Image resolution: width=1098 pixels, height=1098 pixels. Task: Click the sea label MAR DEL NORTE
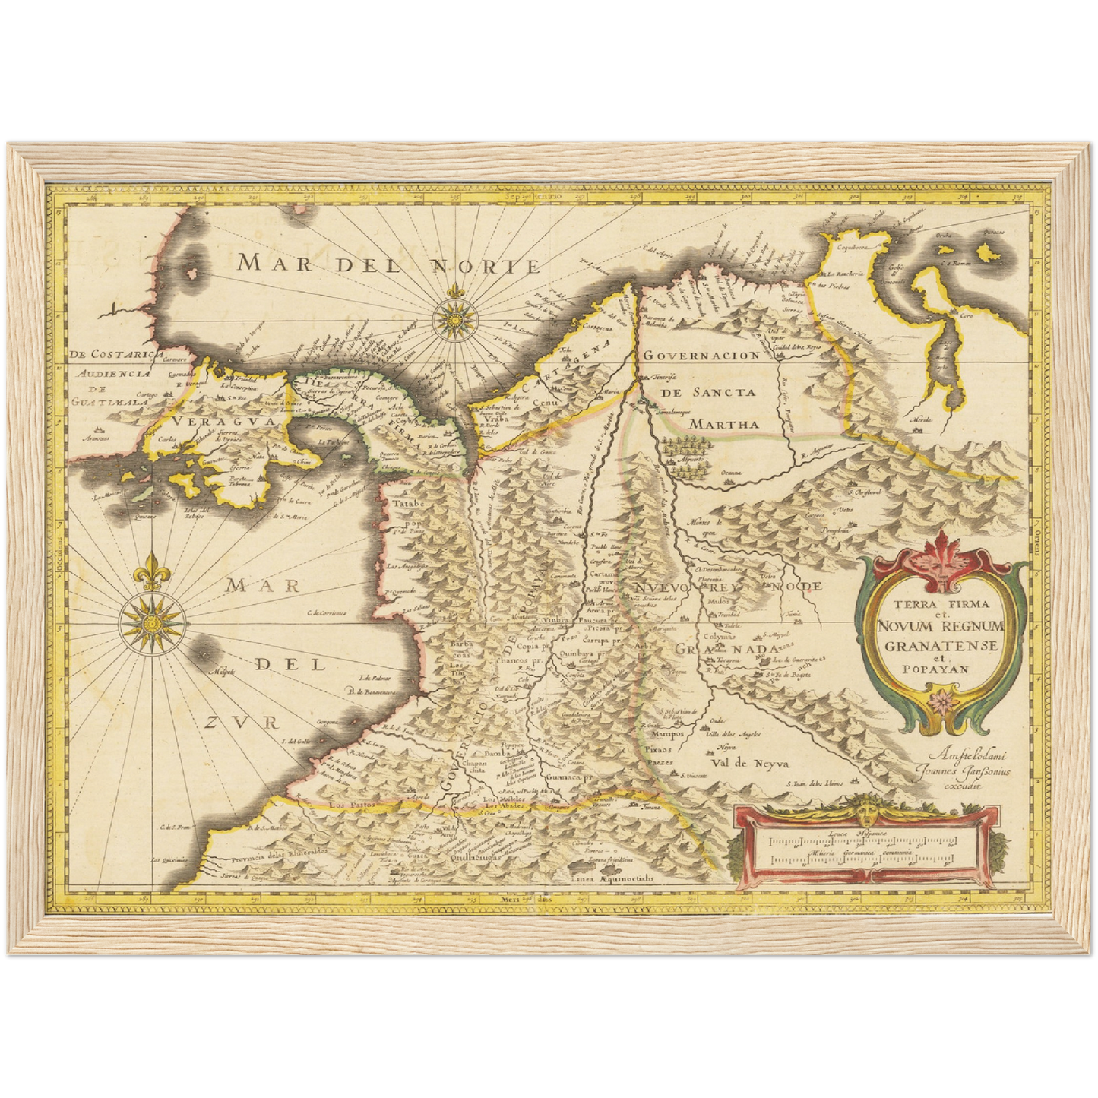click(388, 264)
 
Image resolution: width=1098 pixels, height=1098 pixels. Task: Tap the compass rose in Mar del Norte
click(455, 317)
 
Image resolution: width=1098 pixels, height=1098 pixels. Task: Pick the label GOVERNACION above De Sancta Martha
click(701, 355)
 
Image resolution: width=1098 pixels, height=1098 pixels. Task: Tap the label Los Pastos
click(348, 803)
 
